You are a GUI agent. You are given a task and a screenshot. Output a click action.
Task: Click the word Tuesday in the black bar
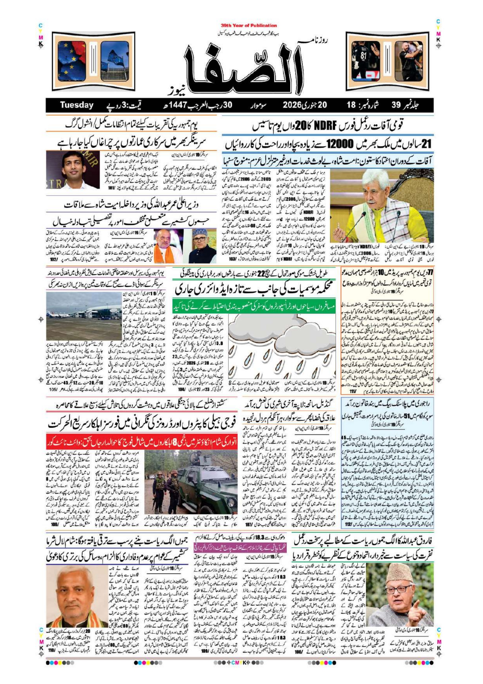click(77, 105)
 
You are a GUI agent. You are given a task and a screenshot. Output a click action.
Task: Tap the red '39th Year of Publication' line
click(249, 26)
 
